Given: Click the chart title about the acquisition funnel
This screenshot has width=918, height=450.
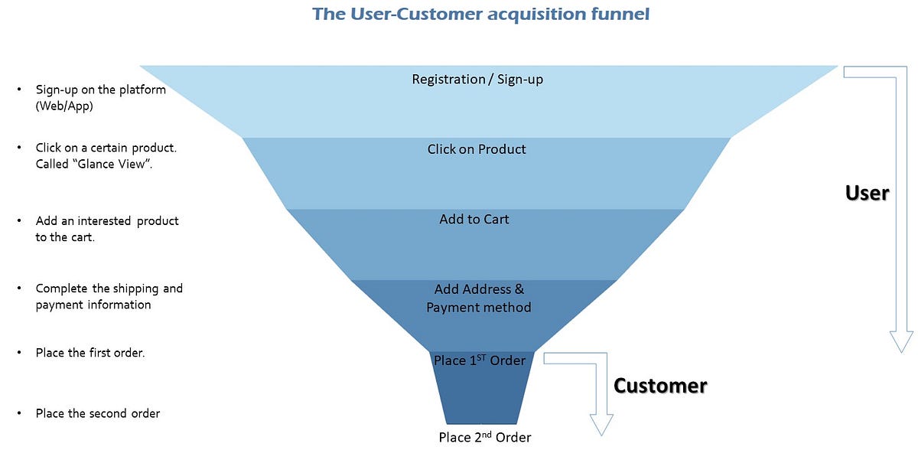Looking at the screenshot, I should pyautogui.click(x=481, y=14).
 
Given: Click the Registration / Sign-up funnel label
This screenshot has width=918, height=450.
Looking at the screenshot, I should pyautogui.click(x=477, y=79).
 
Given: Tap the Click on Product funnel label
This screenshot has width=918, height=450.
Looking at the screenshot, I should pyautogui.click(x=477, y=149).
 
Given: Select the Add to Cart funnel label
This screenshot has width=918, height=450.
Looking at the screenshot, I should pyautogui.click(x=474, y=219).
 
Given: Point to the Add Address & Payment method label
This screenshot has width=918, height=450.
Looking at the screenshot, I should pyautogui.click(x=479, y=298).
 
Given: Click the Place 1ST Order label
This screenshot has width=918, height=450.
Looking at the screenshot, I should pyautogui.click(x=479, y=360).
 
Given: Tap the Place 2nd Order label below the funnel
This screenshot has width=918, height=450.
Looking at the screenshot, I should pyautogui.click(x=484, y=437).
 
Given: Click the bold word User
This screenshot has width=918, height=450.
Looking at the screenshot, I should pyautogui.click(x=867, y=193).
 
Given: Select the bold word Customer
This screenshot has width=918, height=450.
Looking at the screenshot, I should pyautogui.click(x=660, y=385).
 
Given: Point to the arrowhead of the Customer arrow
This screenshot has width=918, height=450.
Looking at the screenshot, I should pyautogui.click(x=601, y=425).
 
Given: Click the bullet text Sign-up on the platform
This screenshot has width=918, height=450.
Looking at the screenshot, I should pyautogui.click(x=100, y=90).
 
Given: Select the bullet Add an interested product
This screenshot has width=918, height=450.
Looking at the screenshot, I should pyautogui.click(x=106, y=220).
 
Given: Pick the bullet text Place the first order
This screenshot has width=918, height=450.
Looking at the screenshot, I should pyautogui.click(x=90, y=353).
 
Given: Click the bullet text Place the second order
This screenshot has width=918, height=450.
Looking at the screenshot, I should pyautogui.click(x=97, y=413).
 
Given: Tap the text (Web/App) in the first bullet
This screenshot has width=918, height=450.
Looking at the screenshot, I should pyautogui.click(x=64, y=106).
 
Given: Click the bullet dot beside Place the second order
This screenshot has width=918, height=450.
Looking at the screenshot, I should pyautogui.click(x=19, y=414).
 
